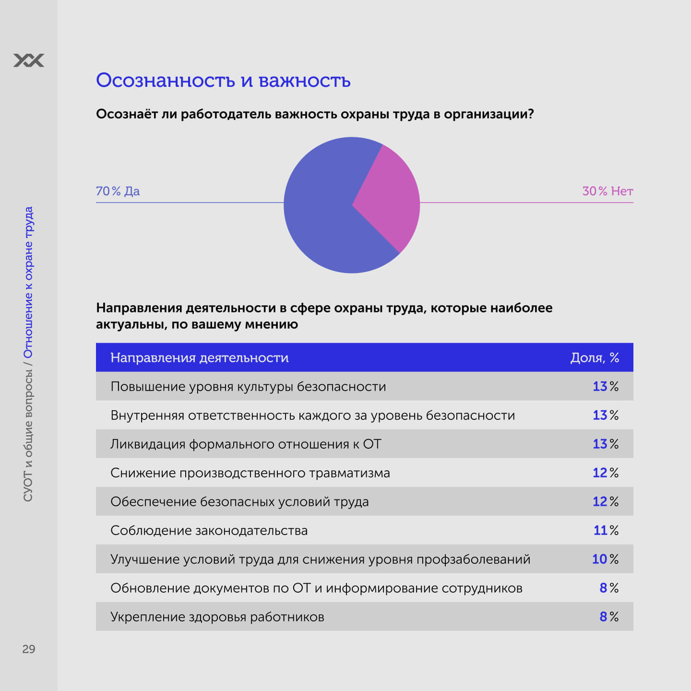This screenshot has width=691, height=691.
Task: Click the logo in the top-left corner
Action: [x=29, y=60]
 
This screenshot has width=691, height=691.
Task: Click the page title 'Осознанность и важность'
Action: [x=223, y=80]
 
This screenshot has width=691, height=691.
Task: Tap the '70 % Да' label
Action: [x=118, y=191]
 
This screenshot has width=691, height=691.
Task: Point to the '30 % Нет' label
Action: [x=608, y=191]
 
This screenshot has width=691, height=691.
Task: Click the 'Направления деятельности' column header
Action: [x=199, y=357]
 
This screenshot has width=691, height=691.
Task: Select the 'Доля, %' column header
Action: [x=595, y=357]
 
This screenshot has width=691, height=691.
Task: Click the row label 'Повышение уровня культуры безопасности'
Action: [x=248, y=386]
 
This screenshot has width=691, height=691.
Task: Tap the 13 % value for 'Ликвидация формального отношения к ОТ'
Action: [x=606, y=444]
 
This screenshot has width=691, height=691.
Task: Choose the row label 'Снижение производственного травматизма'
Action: [x=250, y=473]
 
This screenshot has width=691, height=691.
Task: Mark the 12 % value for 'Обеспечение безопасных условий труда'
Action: [x=606, y=501]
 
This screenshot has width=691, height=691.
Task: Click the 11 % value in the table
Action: [x=606, y=530]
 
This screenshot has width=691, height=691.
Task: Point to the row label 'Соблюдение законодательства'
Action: [x=209, y=530]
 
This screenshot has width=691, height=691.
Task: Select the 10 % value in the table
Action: [x=606, y=559]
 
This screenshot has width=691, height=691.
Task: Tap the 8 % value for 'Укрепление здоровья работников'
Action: [x=608, y=617]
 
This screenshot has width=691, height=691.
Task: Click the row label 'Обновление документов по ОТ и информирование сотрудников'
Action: [x=316, y=588]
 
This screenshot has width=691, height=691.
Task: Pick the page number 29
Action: [x=29, y=649]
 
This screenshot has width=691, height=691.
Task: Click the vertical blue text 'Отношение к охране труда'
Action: [x=28, y=282]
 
